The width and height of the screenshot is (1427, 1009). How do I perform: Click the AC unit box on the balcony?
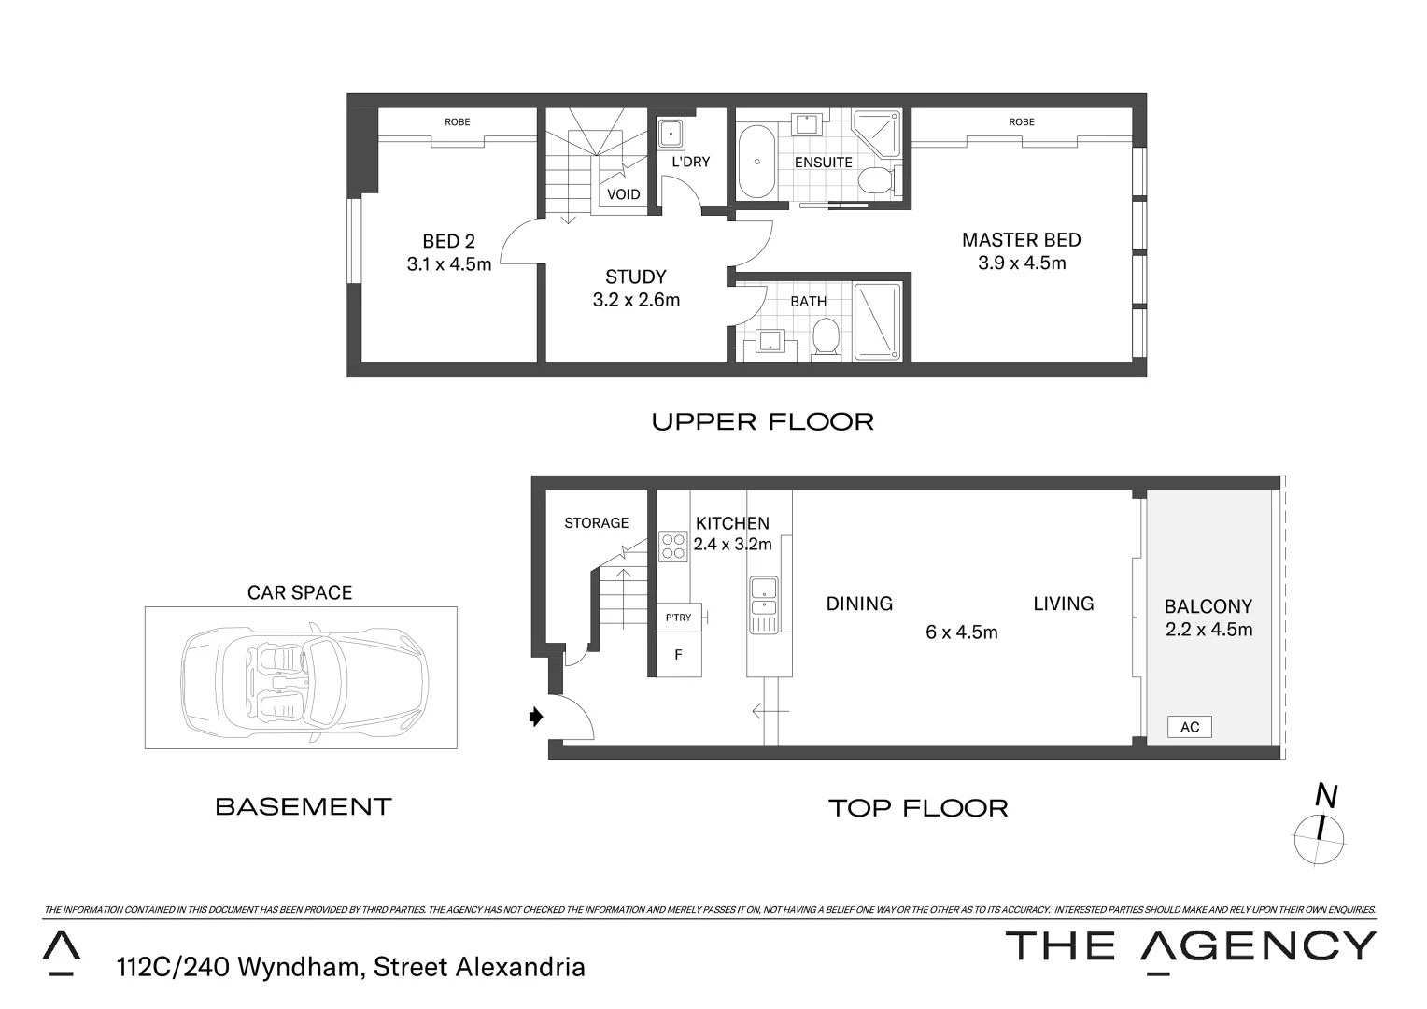point(1189,727)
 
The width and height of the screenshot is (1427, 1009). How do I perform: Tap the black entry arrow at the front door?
point(535,717)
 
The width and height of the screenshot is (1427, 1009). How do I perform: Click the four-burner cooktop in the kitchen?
point(672,546)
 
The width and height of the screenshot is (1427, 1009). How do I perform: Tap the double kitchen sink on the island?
point(764,597)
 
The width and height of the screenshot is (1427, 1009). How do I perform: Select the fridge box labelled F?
point(678,655)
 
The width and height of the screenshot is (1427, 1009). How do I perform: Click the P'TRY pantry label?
point(678,618)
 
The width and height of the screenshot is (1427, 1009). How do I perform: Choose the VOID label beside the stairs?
point(623,194)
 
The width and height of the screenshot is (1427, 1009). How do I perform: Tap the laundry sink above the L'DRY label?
point(671,135)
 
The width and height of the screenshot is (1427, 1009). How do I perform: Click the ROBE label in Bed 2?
point(457,121)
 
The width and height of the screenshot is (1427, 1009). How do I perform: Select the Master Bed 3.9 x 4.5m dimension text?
point(1021,263)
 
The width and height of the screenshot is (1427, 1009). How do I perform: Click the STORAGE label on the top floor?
point(596,523)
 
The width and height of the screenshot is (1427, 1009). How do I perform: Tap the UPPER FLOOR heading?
point(762,422)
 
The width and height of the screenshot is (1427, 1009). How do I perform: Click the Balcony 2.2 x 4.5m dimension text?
point(1208,630)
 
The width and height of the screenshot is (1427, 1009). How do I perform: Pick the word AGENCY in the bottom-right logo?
point(1258,946)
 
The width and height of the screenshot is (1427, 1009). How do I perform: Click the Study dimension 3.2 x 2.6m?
point(636,300)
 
